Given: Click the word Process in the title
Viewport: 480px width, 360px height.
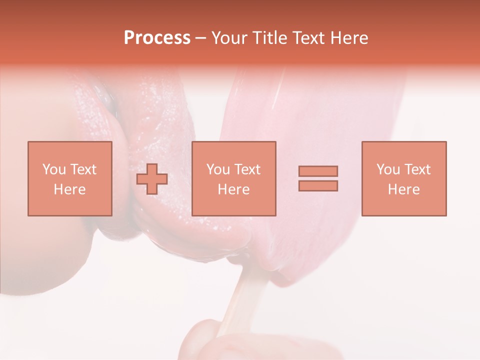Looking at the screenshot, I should tap(157, 38).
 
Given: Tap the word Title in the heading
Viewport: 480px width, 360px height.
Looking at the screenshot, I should tap(270, 38).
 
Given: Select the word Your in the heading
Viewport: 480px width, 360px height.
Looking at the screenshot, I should tap(231, 38).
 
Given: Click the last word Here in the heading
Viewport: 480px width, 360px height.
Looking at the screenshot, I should tap(348, 38).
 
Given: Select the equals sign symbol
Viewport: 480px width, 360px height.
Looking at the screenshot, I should tap(318, 178).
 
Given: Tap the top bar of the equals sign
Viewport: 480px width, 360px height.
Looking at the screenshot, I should tap(318, 171).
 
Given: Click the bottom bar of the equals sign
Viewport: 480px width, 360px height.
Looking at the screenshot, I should tap(318, 185).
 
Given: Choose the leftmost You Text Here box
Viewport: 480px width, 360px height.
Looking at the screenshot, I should tap(70, 178).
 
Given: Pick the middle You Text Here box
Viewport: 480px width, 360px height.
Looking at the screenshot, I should tap(234, 178).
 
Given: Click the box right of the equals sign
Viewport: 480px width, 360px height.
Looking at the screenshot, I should tap(404, 178).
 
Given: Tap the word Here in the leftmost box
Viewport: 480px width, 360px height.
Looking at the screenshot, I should tap(70, 189).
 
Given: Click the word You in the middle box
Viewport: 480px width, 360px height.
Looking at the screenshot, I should tap(218, 169).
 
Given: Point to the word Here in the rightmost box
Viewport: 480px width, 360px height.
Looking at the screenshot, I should tap(404, 189).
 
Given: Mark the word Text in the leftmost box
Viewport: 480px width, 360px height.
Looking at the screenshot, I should tap(82, 169).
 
